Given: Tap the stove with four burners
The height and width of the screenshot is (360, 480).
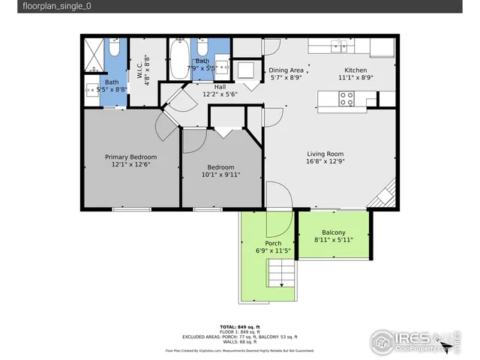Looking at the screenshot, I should click(346, 98).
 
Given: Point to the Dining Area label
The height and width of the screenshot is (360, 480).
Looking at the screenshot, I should click(286, 69).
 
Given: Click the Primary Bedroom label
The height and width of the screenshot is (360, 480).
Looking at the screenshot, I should click(130, 157).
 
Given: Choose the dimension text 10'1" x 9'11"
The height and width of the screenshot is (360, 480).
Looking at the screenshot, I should click(221, 175).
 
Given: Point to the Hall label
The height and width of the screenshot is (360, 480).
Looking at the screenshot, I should click(220, 86).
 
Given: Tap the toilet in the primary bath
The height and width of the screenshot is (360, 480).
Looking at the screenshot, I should click(113, 49).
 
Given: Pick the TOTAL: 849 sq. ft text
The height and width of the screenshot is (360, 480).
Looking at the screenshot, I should click(240, 327).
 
